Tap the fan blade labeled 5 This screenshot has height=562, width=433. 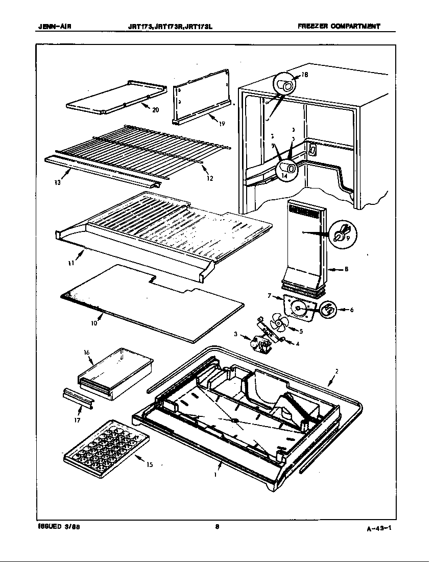tap(279, 322)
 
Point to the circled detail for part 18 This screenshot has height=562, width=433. tap(287, 84)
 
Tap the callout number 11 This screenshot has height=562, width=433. tap(71, 263)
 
